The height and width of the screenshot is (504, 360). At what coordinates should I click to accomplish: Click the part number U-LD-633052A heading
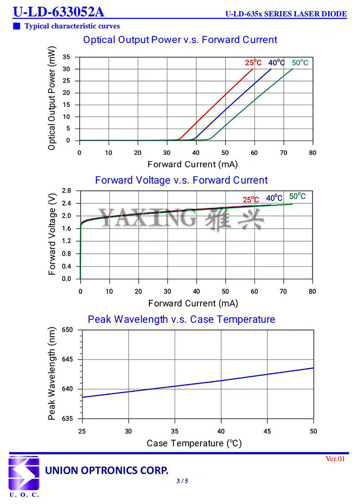pos(58,12)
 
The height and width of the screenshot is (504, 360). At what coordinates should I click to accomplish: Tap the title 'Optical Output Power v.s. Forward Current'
pos(180,40)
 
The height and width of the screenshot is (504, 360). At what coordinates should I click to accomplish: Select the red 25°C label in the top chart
pos(253,63)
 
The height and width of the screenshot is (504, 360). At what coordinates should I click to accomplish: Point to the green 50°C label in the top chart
pos(300,63)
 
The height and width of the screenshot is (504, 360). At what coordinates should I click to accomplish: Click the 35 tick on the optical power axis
pos(66,58)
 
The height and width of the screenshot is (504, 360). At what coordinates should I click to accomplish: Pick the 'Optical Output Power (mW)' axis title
pos(52,98)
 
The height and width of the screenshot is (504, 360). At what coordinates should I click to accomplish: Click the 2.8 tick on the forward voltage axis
pos(67,191)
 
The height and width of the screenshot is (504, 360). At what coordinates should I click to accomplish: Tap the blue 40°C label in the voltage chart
pos(275,198)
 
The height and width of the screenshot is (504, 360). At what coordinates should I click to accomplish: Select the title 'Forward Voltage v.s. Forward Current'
pos(181,180)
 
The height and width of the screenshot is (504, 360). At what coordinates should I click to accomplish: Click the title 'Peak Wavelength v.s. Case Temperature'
pos(181,319)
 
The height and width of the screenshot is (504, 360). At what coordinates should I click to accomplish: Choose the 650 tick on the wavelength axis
pos(67,330)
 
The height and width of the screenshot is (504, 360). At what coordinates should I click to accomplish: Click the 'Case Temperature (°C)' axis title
pos(194,443)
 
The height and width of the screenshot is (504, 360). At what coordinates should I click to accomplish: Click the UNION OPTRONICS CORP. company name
pos(107,470)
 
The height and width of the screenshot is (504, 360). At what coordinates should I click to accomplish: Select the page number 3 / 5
pos(182,481)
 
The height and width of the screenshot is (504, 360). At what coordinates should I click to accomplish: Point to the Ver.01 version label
pos(336,459)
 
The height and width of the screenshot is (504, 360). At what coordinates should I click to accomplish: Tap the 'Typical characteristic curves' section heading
pos(72,26)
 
